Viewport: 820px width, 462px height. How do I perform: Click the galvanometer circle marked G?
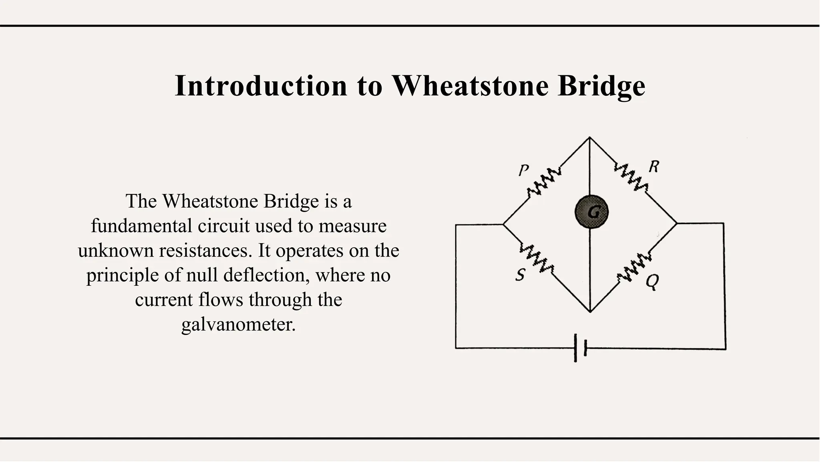point(591,212)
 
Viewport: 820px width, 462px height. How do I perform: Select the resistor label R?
point(653,166)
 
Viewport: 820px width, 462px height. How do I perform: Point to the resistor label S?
point(520,275)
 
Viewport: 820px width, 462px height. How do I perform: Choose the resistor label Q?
point(652,282)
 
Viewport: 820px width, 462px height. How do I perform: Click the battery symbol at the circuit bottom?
point(580,348)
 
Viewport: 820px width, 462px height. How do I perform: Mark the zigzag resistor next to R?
point(631,177)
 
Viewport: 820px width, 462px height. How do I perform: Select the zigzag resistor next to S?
point(537,258)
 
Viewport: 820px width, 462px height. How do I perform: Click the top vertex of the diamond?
point(589,137)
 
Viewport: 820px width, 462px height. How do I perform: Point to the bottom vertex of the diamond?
point(590,312)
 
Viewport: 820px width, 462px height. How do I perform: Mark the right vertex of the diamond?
point(677,223)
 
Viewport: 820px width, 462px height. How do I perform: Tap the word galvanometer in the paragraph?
point(238,324)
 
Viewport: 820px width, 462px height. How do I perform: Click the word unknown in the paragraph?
point(116,250)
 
